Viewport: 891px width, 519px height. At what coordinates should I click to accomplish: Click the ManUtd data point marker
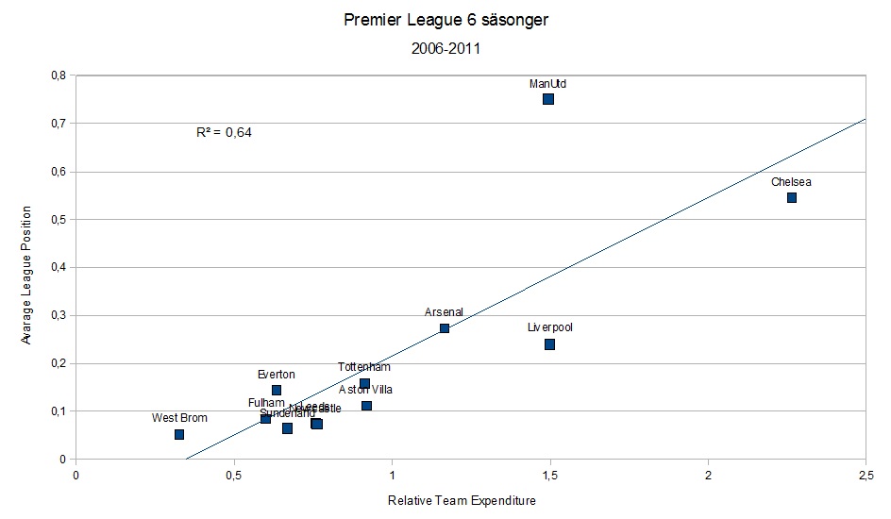click(x=548, y=99)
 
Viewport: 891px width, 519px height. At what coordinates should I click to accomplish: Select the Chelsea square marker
click(x=792, y=197)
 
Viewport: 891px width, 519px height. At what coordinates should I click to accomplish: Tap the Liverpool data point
click(x=549, y=344)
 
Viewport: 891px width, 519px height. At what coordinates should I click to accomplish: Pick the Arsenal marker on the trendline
click(x=445, y=328)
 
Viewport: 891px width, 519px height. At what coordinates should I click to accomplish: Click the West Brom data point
click(x=179, y=434)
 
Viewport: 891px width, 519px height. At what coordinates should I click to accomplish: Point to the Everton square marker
click(x=277, y=390)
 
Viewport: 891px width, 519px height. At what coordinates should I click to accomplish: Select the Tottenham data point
click(x=364, y=383)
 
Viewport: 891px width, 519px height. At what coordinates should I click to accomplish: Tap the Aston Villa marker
click(x=366, y=406)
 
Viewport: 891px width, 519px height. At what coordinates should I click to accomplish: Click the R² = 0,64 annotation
click(x=224, y=133)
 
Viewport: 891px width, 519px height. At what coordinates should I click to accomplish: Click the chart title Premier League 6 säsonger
click(x=445, y=19)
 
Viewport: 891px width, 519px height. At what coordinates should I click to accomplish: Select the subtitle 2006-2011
click(x=445, y=49)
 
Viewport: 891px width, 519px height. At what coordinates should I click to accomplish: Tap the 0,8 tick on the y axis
click(x=59, y=75)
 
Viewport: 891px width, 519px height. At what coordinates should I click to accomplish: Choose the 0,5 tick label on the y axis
click(x=59, y=220)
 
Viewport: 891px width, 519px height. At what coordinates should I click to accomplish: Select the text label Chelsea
click(x=791, y=182)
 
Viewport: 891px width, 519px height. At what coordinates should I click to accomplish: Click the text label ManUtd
click(x=548, y=84)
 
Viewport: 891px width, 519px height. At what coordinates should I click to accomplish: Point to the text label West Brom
click(x=179, y=418)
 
